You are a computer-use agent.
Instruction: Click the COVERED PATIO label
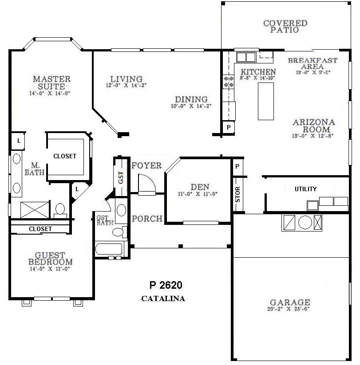coord(285,27)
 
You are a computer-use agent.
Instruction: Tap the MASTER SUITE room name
coord(51,83)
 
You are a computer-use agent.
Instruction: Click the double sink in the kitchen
coord(246,57)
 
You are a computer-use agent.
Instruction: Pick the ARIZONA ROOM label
coord(313,126)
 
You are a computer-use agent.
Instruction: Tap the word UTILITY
coord(306,189)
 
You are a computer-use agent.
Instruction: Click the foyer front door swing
coord(146,184)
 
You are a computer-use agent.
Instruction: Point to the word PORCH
coord(146,219)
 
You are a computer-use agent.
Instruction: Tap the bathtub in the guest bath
coord(111,248)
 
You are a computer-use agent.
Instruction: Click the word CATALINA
coord(163,298)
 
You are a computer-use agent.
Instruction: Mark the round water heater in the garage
coord(305,222)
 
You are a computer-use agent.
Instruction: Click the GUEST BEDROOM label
coord(50,259)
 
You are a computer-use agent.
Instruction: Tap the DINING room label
coord(191,99)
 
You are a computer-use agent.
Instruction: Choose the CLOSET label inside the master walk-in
coord(65,156)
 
